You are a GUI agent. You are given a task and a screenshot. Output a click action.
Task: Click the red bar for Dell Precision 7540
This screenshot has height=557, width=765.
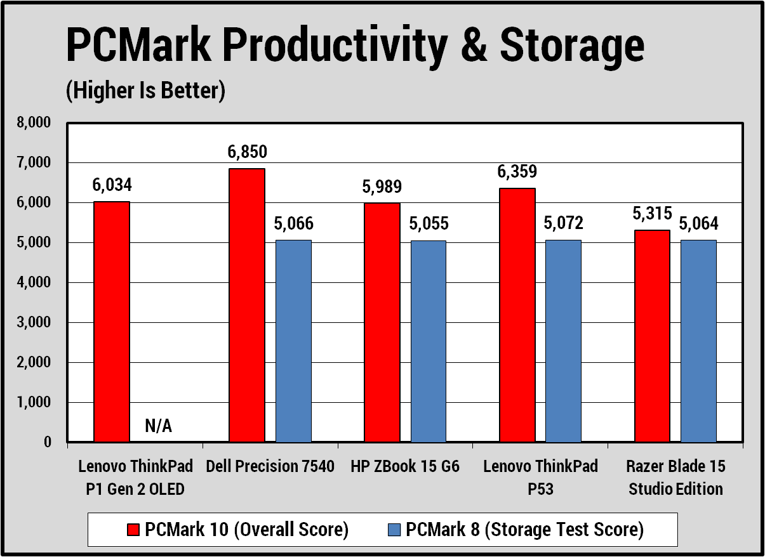click(x=247, y=305)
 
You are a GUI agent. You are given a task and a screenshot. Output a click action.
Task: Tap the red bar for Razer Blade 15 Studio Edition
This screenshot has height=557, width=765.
click(x=652, y=336)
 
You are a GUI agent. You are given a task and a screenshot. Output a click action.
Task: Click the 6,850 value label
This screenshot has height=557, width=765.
click(x=247, y=152)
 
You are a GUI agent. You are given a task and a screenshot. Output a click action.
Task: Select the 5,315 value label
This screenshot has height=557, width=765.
click(x=652, y=214)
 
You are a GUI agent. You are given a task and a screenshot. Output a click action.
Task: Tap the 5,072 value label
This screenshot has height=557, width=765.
click(x=563, y=223)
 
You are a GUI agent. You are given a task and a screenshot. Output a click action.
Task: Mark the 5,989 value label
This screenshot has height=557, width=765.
click(x=382, y=187)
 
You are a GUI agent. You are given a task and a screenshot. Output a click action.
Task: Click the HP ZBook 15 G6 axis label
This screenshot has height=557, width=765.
click(x=405, y=467)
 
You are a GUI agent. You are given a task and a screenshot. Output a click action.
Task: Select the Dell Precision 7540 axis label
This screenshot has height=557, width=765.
click(x=270, y=467)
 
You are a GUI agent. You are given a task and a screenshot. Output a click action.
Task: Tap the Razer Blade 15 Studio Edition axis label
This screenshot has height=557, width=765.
click(x=675, y=478)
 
